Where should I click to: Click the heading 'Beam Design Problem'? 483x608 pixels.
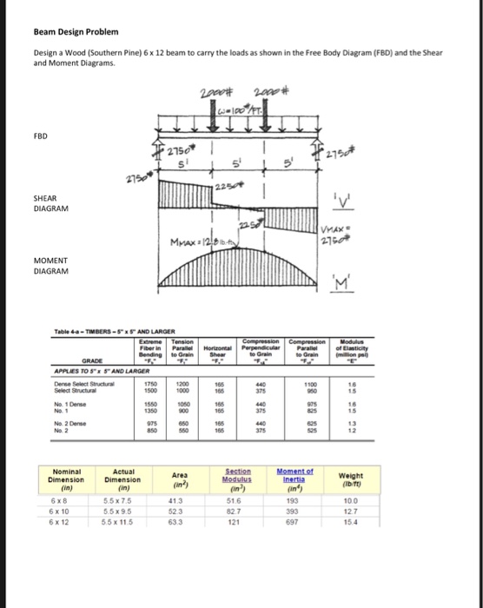pos(74,32)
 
